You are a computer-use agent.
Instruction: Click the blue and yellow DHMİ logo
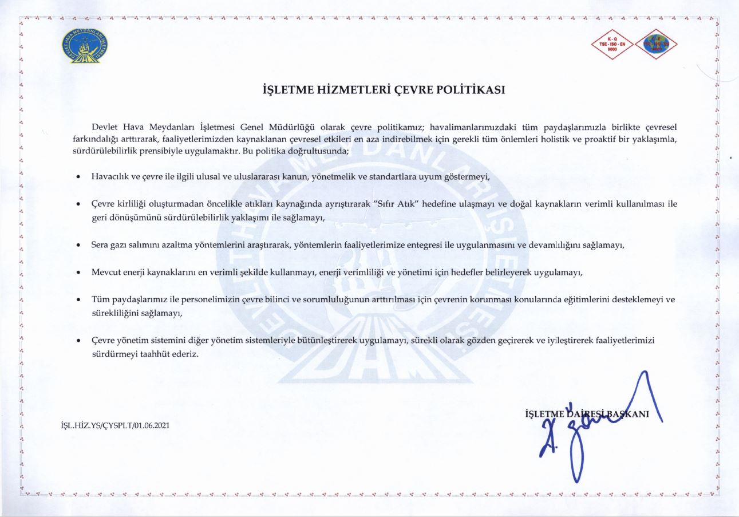tap(85, 46)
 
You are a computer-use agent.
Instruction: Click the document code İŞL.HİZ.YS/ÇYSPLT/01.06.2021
tap(114, 426)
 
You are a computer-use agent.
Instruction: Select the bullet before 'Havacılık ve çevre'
tap(78, 177)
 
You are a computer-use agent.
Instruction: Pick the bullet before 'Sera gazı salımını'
tap(78, 245)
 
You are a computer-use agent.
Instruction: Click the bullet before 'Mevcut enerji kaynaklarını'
tap(78, 273)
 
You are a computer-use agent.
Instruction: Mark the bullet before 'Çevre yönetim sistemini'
tap(78, 341)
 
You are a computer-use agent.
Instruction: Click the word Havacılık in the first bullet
tap(110, 176)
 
